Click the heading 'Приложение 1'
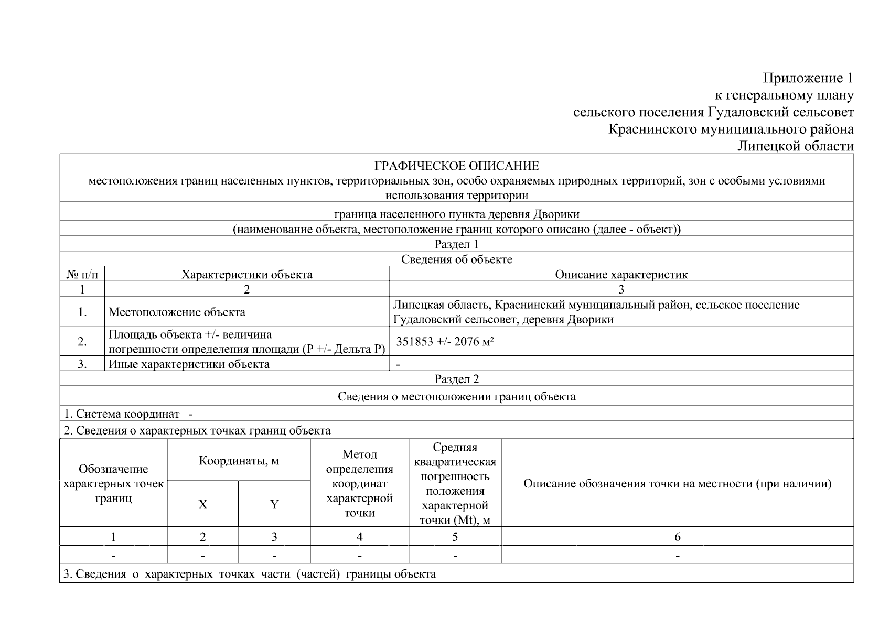[808, 78]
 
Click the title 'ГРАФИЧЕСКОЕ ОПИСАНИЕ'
[456, 166]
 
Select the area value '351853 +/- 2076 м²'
[445, 342]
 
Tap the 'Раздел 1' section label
[456, 244]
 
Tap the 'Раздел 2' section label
[456, 379]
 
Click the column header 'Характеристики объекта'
[246, 275]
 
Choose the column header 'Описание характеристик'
[621, 275]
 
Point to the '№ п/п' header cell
[82, 275]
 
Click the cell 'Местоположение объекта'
[177, 312]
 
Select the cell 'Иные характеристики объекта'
[189, 364]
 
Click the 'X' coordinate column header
[202, 504]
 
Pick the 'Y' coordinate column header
[274, 504]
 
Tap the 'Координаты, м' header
[239, 461]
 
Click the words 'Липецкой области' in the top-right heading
[795, 146]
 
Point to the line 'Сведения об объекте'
[456, 259]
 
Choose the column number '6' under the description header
[677, 537]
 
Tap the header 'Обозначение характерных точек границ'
[113, 483]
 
